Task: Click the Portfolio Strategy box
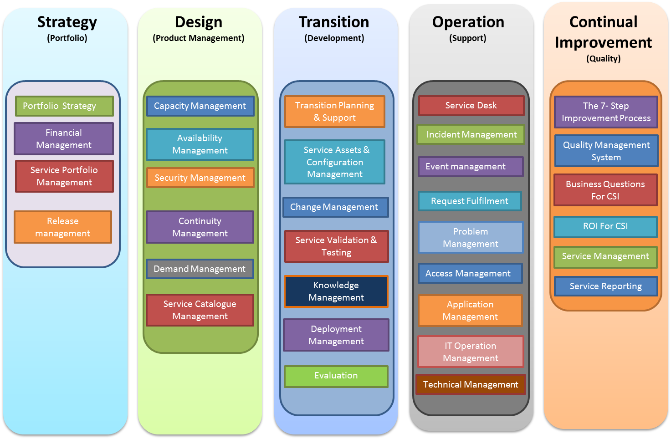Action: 64,106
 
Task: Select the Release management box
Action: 63,227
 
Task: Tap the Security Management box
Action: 200,178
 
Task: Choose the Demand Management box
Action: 200,269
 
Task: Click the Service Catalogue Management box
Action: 200,310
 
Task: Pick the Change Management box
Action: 335,207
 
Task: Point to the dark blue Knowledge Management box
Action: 336,291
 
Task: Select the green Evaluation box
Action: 336,376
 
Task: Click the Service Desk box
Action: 471,106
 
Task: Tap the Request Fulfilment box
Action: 470,201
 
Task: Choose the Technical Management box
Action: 471,384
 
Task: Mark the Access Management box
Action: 470,273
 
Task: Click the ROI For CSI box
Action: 605,226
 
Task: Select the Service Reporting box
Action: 606,286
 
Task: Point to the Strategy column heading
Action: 67,22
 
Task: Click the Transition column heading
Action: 334,22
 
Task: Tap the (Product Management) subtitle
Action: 199,38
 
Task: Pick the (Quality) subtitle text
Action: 603,58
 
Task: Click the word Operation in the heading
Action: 468,22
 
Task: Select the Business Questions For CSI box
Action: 605,190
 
